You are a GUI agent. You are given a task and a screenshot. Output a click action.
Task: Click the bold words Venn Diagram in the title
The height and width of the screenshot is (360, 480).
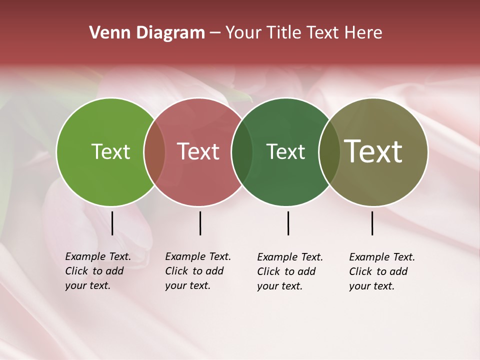point(147,33)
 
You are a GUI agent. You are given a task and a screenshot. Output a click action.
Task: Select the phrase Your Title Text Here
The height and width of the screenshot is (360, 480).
point(303,33)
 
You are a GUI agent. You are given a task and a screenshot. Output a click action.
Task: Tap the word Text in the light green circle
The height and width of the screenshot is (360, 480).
point(110,151)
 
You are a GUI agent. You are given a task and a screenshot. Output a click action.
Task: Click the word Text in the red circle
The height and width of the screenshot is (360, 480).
point(198,151)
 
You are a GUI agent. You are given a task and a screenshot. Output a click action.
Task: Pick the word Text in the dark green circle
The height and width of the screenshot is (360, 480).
point(285,151)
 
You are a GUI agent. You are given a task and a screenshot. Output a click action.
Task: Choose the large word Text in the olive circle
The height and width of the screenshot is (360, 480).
point(373,151)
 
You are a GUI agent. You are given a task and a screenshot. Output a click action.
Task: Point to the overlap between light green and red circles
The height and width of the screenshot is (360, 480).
point(154,152)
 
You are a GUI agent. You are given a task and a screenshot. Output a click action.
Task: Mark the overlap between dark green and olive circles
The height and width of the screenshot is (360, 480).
point(329,152)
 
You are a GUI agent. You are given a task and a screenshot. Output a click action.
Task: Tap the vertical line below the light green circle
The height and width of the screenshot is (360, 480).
point(112,223)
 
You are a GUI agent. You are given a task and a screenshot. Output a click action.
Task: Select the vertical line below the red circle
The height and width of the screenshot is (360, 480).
point(200,223)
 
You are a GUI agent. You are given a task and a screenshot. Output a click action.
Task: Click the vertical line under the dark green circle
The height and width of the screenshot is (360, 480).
point(288,223)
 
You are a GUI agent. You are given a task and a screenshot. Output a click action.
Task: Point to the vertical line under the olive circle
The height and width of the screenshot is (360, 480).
point(372,223)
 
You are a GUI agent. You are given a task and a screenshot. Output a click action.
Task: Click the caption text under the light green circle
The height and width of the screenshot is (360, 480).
point(98,271)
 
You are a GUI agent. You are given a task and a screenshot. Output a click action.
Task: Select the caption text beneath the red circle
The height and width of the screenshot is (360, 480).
point(198,271)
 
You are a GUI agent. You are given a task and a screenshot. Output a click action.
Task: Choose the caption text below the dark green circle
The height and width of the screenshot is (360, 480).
point(290,271)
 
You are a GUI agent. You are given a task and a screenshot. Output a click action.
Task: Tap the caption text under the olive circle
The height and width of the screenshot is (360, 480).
point(382,271)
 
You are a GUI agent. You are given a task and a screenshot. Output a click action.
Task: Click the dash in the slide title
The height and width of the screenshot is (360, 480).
point(215,33)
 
